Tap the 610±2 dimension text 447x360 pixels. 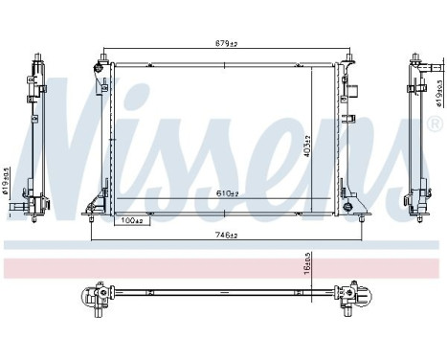click(x=225, y=193)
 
